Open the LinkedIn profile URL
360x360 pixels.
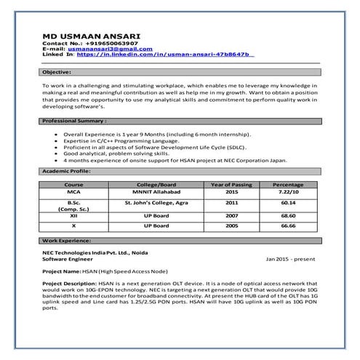click(x=164, y=55)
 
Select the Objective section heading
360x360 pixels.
click(x=56, y=73)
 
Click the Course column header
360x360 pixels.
click(x=73, y=185)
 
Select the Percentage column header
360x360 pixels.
click(x=288, y=185)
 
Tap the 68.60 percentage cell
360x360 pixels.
click(x=288, y=216)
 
